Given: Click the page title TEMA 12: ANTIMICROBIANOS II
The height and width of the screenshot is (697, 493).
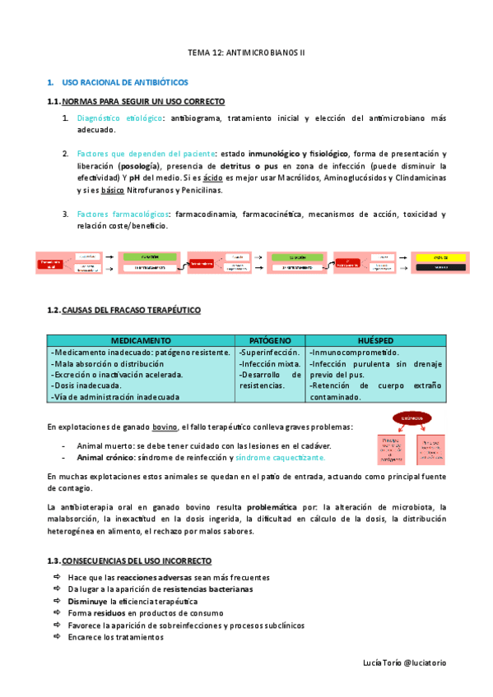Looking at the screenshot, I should click(x=246, y=52).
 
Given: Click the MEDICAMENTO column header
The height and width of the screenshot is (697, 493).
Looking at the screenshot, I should click(x=141, y=340).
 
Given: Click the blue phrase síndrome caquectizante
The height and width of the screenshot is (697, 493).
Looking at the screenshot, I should click(x=280, y=457).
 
